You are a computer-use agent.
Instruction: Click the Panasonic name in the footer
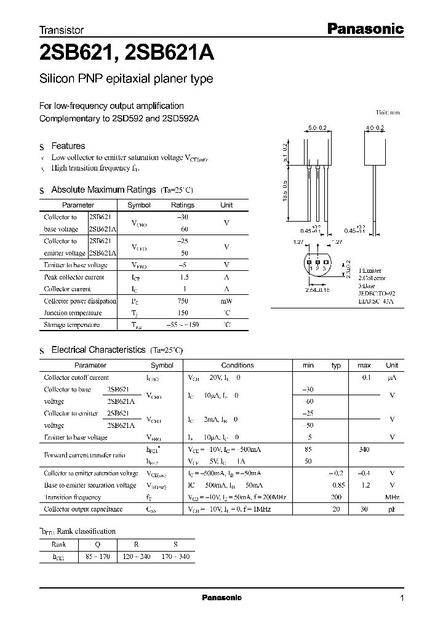point(222,598)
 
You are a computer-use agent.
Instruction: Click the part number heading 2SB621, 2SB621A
point(127,54)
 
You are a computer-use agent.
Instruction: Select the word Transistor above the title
point(62,30)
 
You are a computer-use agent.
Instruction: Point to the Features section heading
point(68,146)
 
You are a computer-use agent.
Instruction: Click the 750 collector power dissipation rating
point(182,301)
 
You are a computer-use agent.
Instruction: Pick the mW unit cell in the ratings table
point(226,301)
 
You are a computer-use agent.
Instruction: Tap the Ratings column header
point(182,205)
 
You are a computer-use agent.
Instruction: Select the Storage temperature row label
point(72,324)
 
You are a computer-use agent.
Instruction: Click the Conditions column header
point(237,365)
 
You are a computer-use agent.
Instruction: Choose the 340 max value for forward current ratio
point(364,450)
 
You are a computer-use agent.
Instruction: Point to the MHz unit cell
point(392,497)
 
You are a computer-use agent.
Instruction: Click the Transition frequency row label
point(72,497)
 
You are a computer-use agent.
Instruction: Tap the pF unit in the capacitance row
point(392,509)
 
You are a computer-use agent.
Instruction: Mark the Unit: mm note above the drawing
point(388,113)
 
